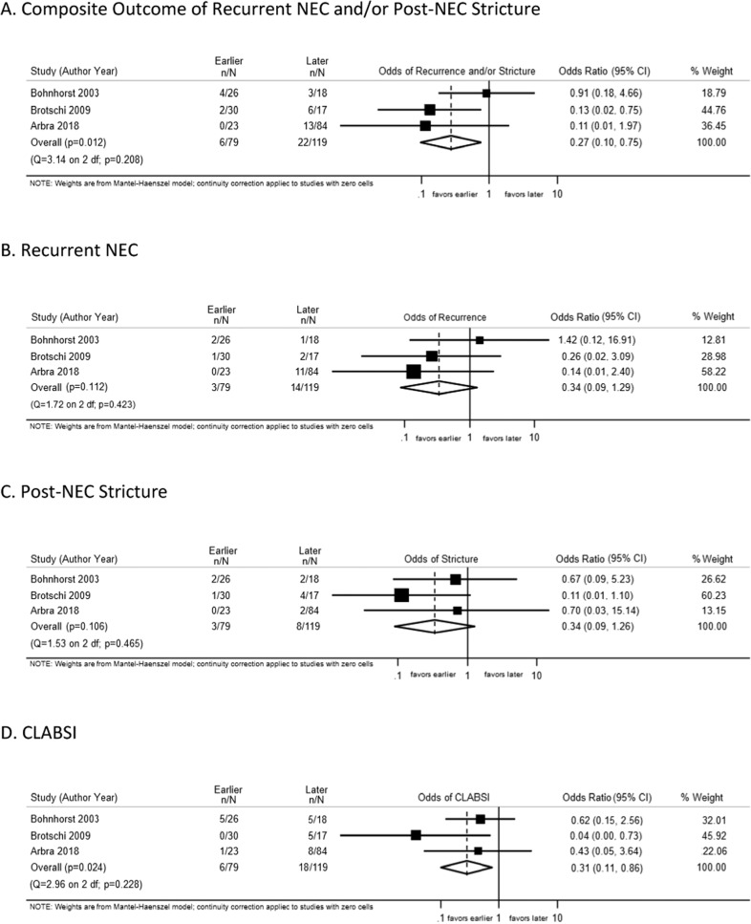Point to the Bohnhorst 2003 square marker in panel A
(486, 93)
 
